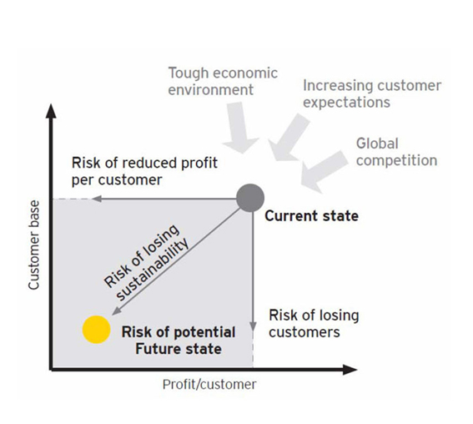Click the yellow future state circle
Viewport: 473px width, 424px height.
click(x=97, y=330)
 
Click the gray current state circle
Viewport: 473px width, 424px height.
click(x=250, y=198)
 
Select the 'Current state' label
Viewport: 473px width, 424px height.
click(x=312, y=216)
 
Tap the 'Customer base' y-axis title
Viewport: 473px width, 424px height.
click(x=33, y=245)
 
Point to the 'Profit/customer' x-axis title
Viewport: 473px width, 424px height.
click(x=209, y=385)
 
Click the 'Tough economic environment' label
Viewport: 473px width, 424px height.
click(x=223, y=82)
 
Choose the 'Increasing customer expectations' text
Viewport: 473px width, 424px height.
click(x=372, y=93)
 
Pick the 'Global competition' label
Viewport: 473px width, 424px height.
click(x=397, y=152)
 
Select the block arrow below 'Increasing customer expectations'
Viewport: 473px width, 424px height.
click(x=288, y=139)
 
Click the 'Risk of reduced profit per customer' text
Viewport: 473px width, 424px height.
click(x=144, y=171)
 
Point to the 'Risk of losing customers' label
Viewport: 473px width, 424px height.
click(x=314, y=324)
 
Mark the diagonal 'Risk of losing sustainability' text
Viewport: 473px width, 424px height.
click(x=146, y=263)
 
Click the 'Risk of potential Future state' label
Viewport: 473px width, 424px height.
click(x=179, y=341)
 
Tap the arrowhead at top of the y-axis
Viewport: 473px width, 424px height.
click(x=52, y=111)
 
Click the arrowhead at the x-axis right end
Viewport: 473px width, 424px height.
click(x=350, y=370)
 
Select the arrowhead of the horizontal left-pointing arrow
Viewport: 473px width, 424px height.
click(x=96, y=199)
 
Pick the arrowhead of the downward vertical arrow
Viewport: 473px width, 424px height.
click(x=253, y=326)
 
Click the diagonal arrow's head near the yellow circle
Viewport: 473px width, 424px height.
click(x=116, y=311)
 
